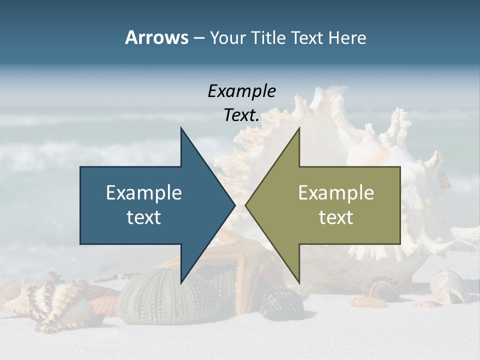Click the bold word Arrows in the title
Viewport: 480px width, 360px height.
tap(156, 37)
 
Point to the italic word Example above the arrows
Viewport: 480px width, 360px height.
tap(242, 91)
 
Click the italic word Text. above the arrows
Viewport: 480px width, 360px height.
tap(242, 115)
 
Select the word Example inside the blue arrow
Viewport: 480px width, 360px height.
tap(144, 192)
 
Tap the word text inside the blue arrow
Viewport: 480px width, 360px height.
tap(144, 217)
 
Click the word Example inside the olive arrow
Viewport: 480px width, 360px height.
tap(336, 192)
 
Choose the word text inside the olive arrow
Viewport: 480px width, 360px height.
tap(336, 217)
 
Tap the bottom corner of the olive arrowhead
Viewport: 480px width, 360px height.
tap(298, 282)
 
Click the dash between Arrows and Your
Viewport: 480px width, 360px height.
tap(198, 38)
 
